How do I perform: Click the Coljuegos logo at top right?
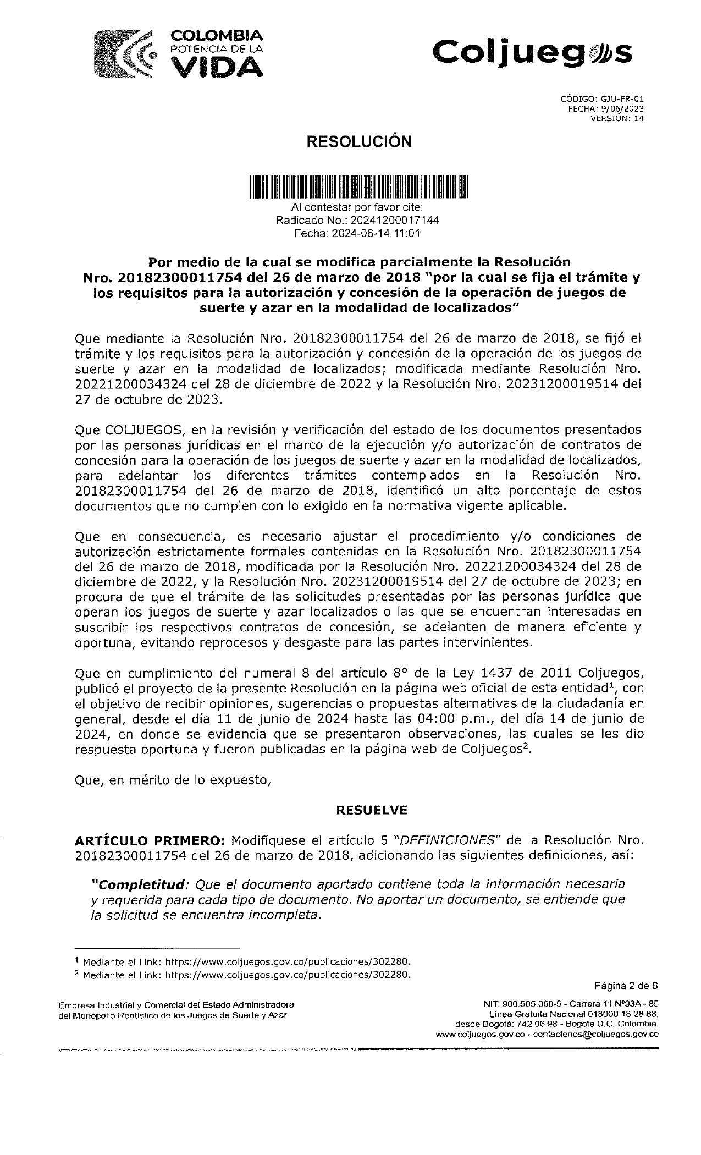(x=532, y=53)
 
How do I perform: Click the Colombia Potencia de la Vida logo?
(x=179, y=53)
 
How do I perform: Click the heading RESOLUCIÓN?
(x=358, y=142)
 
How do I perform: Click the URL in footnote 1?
(x=288, y=962)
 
